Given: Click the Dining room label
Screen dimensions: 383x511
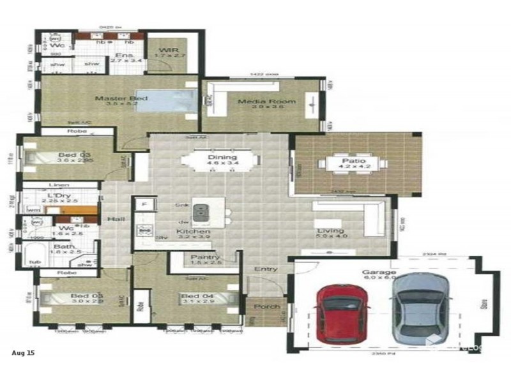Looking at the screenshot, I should (x=222, y=157).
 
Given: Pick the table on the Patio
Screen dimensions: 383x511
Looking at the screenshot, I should (x=353, y=163).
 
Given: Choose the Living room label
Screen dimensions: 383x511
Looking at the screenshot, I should (x=330, y=230).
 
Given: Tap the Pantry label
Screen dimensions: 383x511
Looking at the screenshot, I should (x=196, y=258).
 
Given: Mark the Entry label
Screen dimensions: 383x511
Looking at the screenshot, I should (x=266, y=269).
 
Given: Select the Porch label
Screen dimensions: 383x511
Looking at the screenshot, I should (x=267, y=307).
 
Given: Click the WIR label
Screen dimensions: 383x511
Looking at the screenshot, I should (x=171, y=50).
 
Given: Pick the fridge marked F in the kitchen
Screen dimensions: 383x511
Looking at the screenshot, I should (x=144, y=204).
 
